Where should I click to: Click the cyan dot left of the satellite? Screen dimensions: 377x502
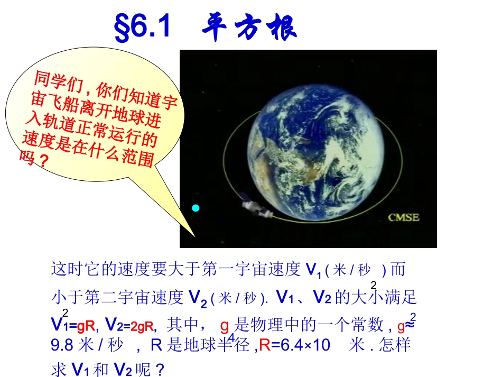tap(196, 208)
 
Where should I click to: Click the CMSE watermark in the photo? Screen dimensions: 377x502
tap(404, 217)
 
